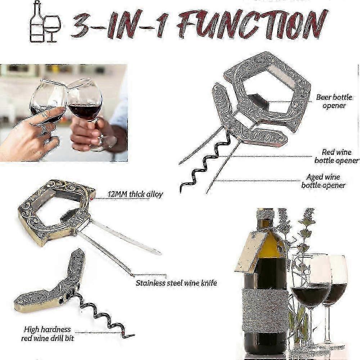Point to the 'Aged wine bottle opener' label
[323, 181]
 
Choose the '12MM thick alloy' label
[135, 194]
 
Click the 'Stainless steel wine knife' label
[176, 283]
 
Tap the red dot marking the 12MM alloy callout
[93, 198]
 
